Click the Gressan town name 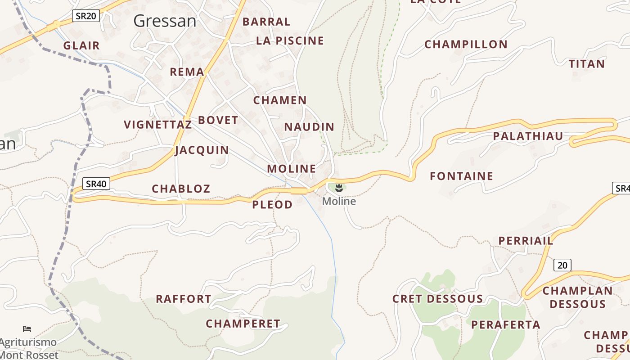165,21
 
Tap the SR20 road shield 85,16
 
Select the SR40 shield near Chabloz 96,184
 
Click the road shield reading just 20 562,265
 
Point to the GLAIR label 81,45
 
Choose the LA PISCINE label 290,40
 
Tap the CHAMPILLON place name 466,45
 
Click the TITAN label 587,64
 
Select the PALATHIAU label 528,136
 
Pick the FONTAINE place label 461,176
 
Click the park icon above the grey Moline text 339,188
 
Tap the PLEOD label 272,205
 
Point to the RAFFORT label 183,299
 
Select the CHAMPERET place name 243,324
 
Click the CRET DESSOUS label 437,299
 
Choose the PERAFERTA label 506,324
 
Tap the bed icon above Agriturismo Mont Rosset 27,329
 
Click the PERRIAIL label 526,241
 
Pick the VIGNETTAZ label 157,125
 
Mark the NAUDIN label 309,127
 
